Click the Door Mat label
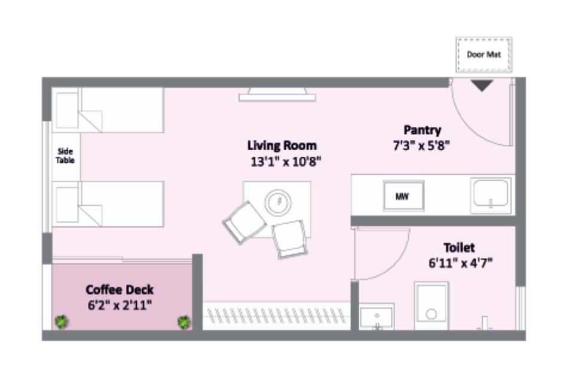[484, 54]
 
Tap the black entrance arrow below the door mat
[482, 86]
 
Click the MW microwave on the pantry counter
[403, 196]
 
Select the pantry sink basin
[491, 194]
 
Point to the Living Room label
[282, 145]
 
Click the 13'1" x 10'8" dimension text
[286, 162]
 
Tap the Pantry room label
[423, 130]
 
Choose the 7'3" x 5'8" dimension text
[421, 146]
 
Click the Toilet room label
[459, 248]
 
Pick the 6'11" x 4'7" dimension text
[460, 263]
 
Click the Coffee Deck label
[120, 290]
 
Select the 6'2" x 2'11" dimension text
[120, 305]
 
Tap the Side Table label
[65, 156]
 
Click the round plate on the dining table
[278, 202]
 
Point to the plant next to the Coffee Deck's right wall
[184, 322]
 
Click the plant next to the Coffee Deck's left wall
[62, 322]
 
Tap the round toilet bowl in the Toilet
[432, 314]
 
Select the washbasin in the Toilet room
[377, 317]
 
